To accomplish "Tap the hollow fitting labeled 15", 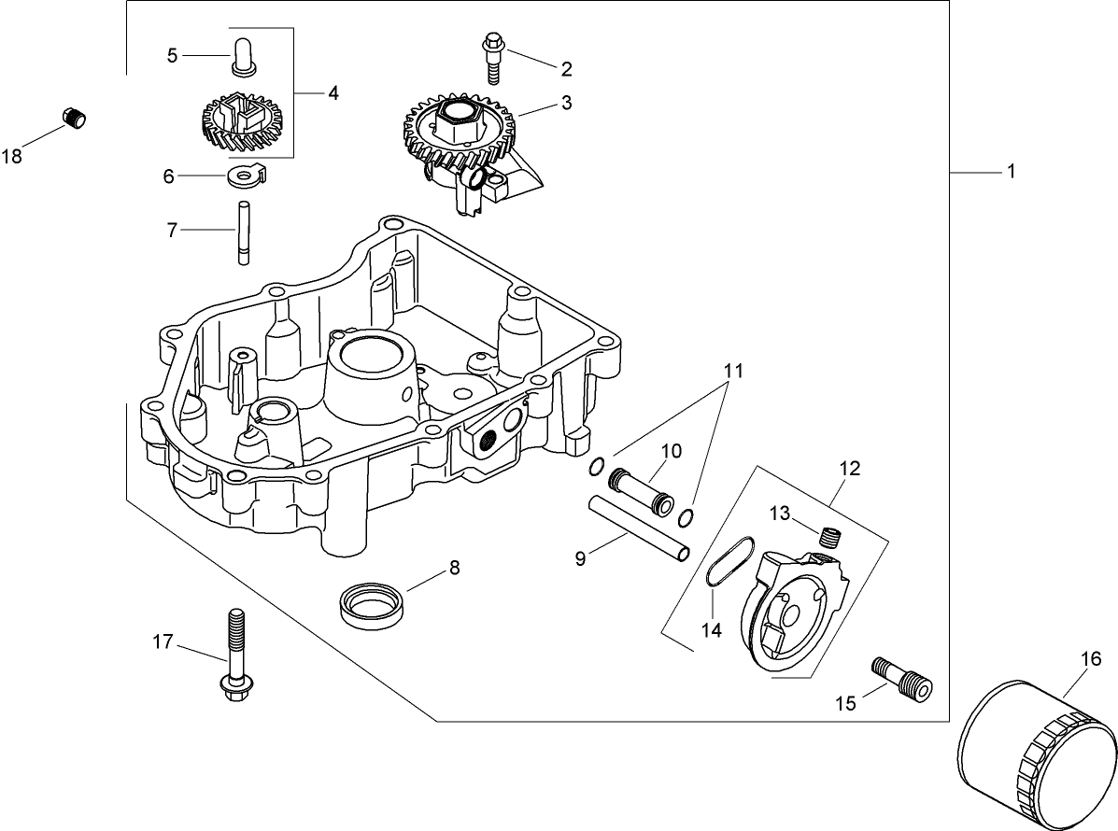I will pyautogui.click(x=902, y=677).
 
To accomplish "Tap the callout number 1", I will pyautogui.click(x=1010, y=173).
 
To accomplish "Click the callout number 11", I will pyautogui.click(x=732, y=372).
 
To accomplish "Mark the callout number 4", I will pyautogui.click(x=333, y=92).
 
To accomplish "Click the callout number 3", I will pyautogui.click(x=566, y=104).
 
